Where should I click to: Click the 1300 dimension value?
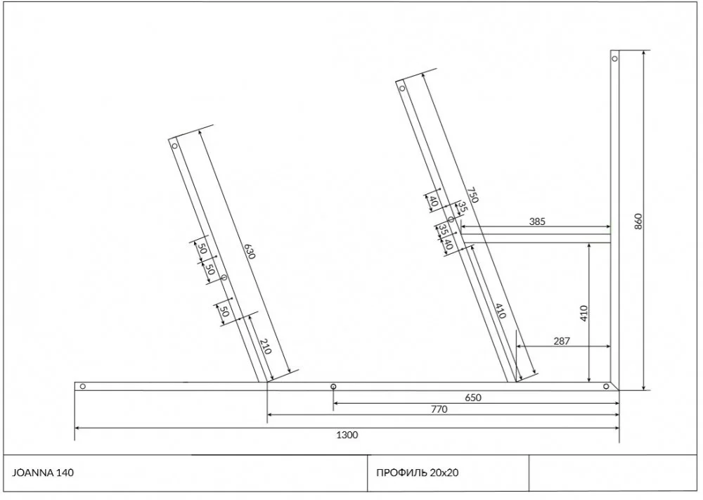click(x=347, y=435)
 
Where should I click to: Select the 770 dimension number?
click(x=439, y=409)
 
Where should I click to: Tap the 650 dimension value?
click(x=473, y=397)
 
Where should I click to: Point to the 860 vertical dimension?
click(x=638, y=221)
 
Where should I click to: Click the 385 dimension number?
click(x=537, y=221)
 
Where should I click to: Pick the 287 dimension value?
click(x=561, y=341)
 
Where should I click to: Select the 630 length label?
click(x=250, y=251)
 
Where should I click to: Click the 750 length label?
click(x=472, y=194)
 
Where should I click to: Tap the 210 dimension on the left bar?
click(x=266, y=346)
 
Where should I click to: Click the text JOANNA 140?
click(x=43, y=473)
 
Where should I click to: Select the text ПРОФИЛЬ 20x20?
click(x=417, y=473)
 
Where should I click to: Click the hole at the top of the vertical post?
click(x=614, y=58)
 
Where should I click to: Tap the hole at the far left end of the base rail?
click(x=82, y=386)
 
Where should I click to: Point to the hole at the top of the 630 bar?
click(x=174, y=146)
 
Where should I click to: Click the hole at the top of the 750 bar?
click(x=402, y=89)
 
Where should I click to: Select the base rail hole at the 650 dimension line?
click(x=333, y=386)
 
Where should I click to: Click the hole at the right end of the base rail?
click(x=606, y=386)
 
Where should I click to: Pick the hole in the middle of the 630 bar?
click(x=224, y=278)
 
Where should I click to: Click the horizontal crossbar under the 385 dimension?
click(x=535, y=238)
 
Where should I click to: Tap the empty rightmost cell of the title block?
click(x=613, y=473)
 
